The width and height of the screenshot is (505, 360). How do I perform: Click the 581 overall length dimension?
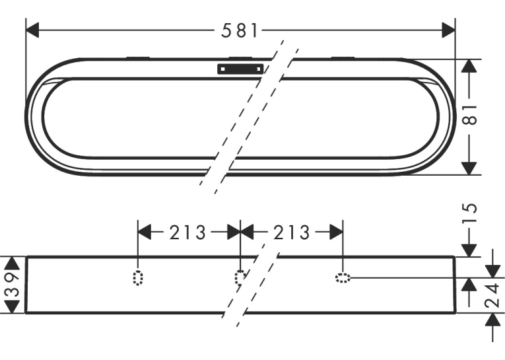pyautogui.click(x=240, y=30)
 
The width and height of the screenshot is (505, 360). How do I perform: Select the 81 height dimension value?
pyautogui.click(x=469, y=115)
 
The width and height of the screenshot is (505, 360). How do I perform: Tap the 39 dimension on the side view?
pyautogui.click(x=13, y=285)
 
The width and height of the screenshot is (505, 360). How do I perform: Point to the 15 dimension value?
pyautogui.click(x=469, y=213)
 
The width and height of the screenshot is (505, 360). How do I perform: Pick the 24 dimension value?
pyautogui.click(x=492, y=295)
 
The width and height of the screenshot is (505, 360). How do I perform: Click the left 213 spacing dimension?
pyautogui.click(x=187, y=233)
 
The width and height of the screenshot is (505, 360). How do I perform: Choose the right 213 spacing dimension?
pyautogui.click(x=292, y=233)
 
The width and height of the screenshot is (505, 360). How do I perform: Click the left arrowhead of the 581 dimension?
pyautogui.click(x=32, y=30)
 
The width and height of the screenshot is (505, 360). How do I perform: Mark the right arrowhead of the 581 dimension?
pyautogui.click(x=449, y=30)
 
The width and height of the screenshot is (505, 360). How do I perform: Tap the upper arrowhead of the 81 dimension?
pyautogui.click(x=469, y=66)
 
